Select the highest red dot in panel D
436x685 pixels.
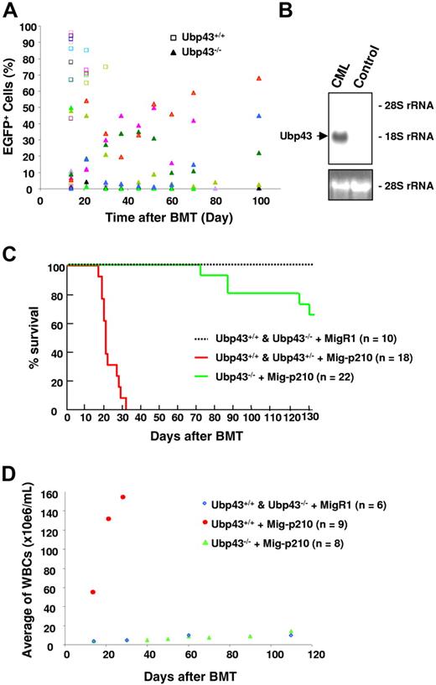123,497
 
